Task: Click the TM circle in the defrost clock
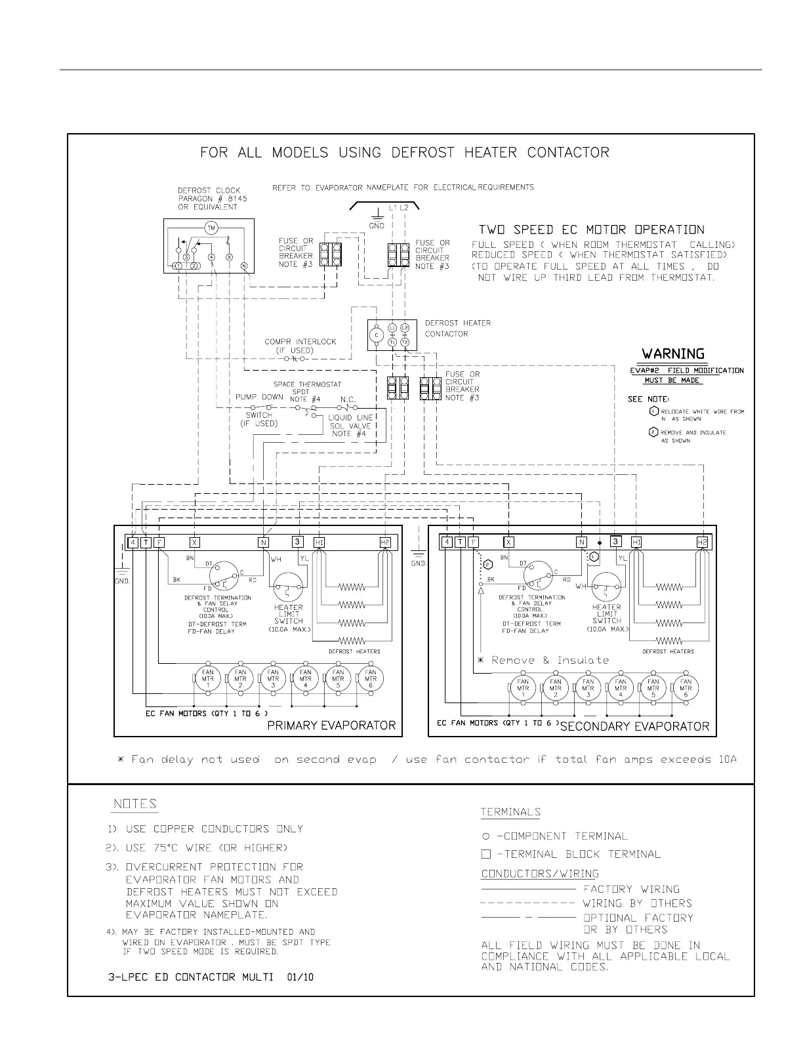211,228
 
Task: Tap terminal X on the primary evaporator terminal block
194,542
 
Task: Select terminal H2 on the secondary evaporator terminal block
703,542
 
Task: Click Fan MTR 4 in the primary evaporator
306,678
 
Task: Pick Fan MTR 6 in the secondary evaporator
686,687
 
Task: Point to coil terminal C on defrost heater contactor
377,335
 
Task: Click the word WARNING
673,354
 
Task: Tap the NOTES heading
135,804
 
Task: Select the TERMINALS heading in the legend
510,812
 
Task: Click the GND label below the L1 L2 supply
377,226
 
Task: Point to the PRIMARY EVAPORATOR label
331,725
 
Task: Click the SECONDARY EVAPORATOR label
634,726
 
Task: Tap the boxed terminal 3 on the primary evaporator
297,542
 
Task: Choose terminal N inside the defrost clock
244,266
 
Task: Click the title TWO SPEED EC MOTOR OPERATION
591,230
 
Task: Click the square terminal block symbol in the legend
485,854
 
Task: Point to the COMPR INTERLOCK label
300,342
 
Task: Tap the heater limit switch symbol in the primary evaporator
289,586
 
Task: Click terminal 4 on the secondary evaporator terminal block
447,542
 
